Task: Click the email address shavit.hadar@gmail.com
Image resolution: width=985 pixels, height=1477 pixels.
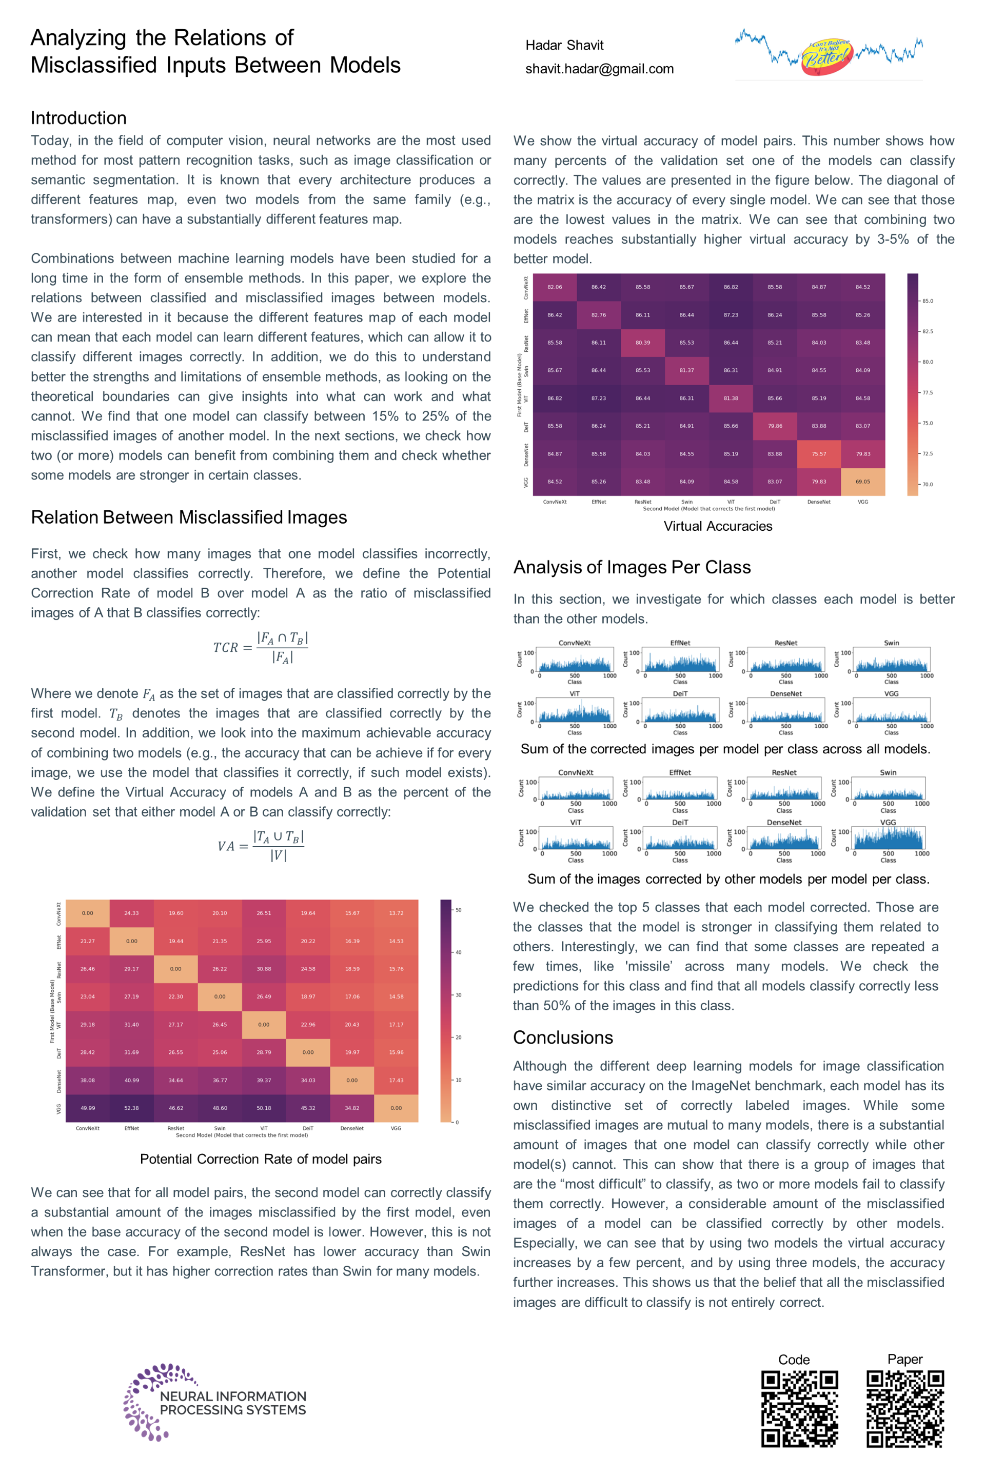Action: pyautogui.click(x=599, y=69)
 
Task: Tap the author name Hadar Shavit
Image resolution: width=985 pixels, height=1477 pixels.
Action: pyautogui.click(x=564, y=45)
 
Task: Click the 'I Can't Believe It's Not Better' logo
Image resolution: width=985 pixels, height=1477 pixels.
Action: pyautogui.click(x=828, y=55)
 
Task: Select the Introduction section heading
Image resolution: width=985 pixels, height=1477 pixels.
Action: pyautogui.click(x=78, y=118)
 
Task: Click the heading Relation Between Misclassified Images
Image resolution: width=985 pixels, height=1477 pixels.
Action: pyautogui.click(x=188, y=517)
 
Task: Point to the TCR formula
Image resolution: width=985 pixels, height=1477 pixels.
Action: pyautogui.click(x=261, y=647)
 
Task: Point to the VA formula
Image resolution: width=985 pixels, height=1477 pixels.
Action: pyautogui.click(x=261, y=846)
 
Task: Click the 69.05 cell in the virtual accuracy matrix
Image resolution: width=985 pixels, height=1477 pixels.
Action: pyautogui.click(x=862, y=482)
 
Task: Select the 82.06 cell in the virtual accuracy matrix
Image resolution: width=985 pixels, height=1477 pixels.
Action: pyautogui.click(x=555, y=287)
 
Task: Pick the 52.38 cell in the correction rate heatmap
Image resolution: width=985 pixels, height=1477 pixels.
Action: pyautogui.click(x=131, y=1108)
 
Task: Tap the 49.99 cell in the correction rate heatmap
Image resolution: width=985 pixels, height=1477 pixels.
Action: pyautogui.click(x=87, y=1108)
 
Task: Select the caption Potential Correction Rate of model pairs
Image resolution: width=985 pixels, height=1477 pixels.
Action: pyautogui.click(x=261, y=1159)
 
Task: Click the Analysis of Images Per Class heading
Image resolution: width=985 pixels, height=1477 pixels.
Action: pyautogui.click(x=632, y=567)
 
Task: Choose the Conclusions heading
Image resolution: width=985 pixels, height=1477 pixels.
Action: pyautogui.click(x=563, y=1037)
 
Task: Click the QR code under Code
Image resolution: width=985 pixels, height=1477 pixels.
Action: pyautogui.click(x=800, y=1409)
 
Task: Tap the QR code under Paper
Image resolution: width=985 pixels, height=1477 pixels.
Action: pyautogui.click(x=905, y=1409)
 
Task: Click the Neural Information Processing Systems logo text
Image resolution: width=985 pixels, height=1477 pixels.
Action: pyautogui.click(x=232, y=1403)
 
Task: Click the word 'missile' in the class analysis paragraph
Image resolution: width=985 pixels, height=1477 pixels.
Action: pyautogui.click(x=648, y=966)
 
